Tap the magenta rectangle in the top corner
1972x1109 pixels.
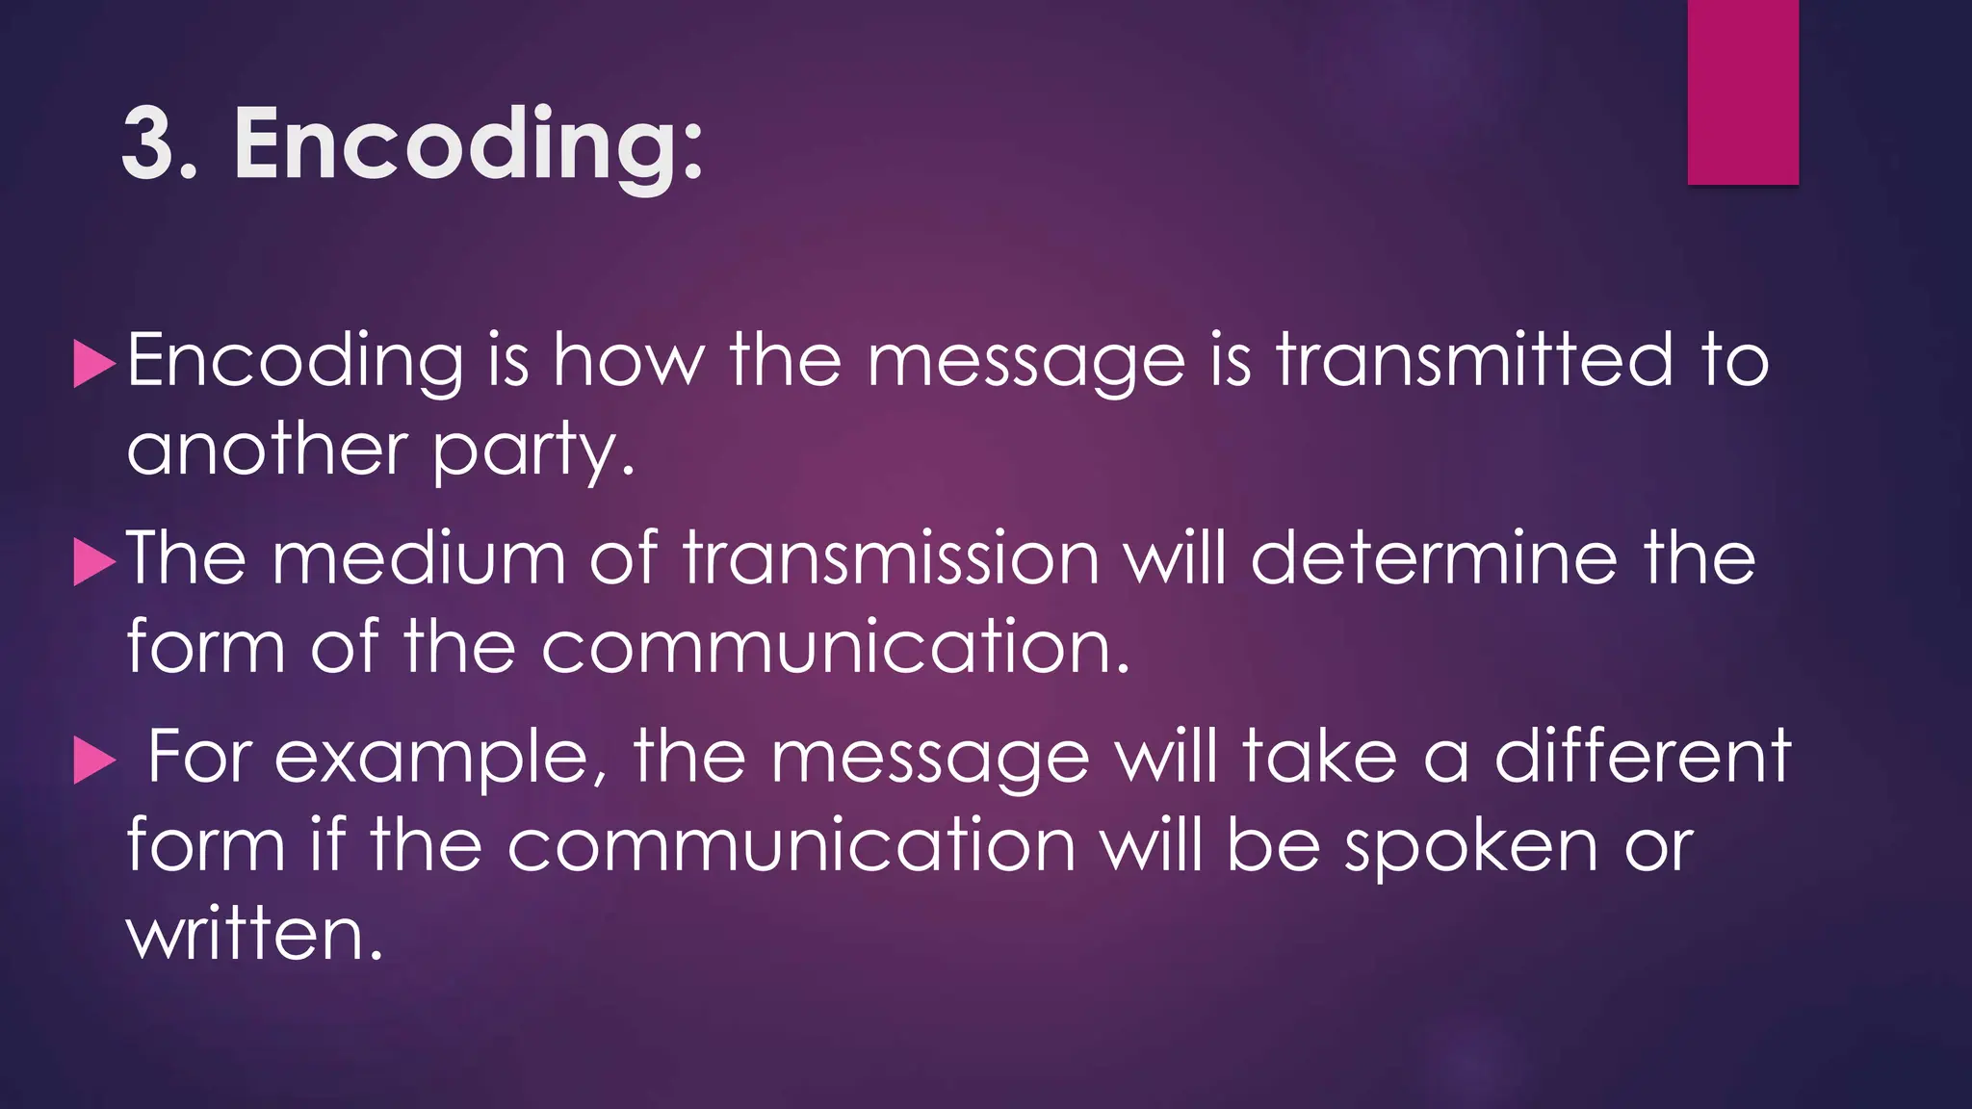point(1743,91)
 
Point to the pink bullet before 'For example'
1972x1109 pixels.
point(94,761)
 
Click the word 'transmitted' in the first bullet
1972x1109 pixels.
point(1474,361)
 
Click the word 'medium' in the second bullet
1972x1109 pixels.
point(419,558)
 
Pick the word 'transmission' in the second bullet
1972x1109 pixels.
point(891,558)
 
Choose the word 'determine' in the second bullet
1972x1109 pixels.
point(1434,558)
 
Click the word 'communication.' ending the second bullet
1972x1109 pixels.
point(834,647)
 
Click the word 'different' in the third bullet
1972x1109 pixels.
point(1643,757)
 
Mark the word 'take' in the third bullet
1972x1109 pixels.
point(1319,757)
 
